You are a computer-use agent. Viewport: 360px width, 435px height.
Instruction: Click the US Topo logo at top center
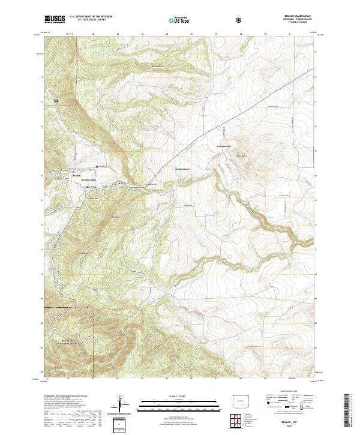point(175,20)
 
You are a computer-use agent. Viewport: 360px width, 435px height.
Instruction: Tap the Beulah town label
point(76,175)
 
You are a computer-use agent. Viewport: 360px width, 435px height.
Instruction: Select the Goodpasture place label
point(224,146)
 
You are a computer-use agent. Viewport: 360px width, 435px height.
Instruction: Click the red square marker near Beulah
point(95,166)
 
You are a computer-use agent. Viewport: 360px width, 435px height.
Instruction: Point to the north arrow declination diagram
point(120,404)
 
